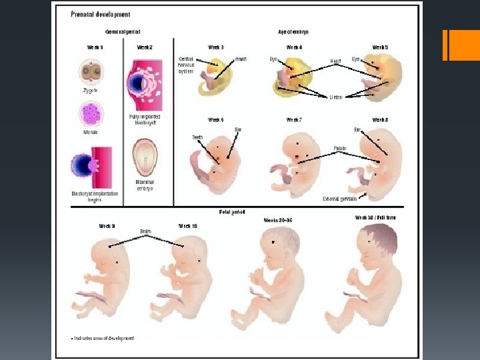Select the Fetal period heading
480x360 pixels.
232,212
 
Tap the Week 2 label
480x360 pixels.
145,47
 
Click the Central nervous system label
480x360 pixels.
186,65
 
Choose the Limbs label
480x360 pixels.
336,97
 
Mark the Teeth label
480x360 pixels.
197,137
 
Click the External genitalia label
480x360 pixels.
339,198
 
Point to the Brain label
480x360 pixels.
146,231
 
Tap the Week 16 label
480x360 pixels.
188,226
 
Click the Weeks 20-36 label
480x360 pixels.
278,219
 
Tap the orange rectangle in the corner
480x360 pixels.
461,45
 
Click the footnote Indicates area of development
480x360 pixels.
104,338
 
